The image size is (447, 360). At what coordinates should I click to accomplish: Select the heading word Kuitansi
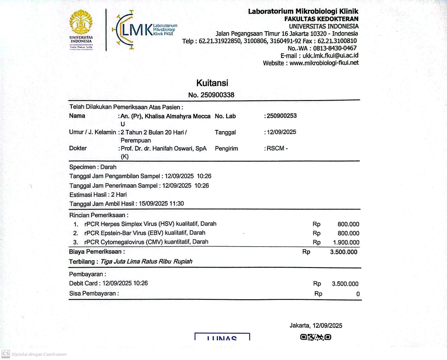point(212,83)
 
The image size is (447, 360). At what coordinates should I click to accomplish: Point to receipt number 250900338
point(217,95)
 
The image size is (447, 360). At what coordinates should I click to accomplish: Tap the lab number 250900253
point(282,116)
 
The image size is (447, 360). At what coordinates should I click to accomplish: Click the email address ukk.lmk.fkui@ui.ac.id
point(330,56)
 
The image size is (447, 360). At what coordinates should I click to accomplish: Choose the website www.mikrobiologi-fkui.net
point(324,63)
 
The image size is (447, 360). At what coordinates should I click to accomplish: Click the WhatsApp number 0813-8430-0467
point(335,48)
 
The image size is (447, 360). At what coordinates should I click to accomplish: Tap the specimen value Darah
point(108,167)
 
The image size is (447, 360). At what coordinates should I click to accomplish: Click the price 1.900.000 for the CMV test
point(346,242)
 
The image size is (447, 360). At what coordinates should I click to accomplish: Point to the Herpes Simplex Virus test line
point(150,224)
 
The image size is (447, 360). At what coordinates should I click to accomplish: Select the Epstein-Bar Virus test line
point(145,233)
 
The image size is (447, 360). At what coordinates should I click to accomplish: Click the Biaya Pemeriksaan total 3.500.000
point(344,252)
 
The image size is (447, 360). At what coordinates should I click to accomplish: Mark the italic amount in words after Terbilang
point(146,261)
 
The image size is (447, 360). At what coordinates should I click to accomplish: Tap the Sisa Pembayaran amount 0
point(358,294)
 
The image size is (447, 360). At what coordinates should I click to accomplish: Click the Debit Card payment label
point(83,283)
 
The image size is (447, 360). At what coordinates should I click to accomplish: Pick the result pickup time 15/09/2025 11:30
point(161,204)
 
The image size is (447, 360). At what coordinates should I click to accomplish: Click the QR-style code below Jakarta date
point(316,337)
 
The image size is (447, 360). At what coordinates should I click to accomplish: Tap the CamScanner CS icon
point(6,354)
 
